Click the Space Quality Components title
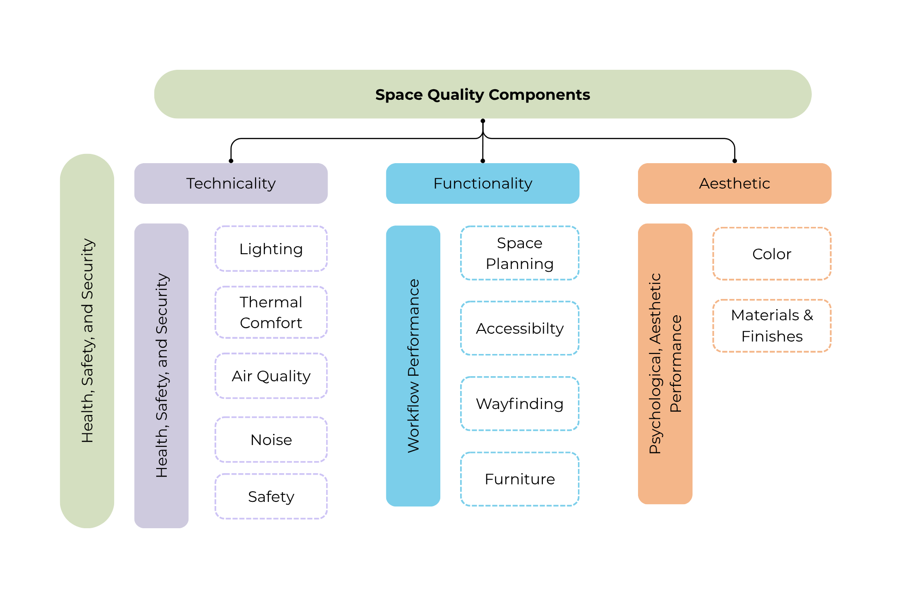pos(482,94)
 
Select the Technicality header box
pos(231,183)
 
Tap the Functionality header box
pos(483,183)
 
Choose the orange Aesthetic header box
pos(735,183)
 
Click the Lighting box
pos(271,249)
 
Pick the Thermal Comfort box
pos(271,312)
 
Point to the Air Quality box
pos(271,376)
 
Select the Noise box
pos(271,439)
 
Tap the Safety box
pos(271,496)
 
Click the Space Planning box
pos(520,253)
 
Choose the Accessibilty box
pos(520,328)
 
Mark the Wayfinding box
pos(520,403)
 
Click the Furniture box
pos(520,479)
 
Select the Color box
pos(772,254)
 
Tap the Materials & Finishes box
pos(772,326)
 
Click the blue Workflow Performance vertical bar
pos(413,366)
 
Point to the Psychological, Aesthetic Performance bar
pos(665,364)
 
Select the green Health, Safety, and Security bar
pos(87,341)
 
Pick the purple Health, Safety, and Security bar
pos(161,376)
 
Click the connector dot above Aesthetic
pos(735,161)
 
